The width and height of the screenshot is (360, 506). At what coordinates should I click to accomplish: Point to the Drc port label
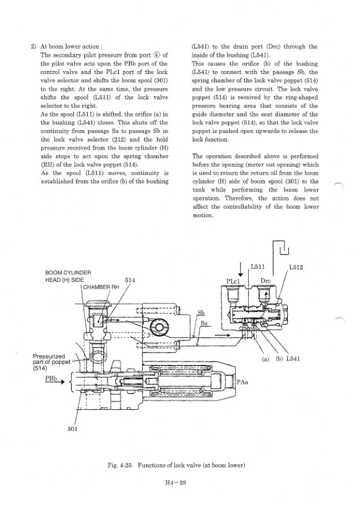click(266, 280)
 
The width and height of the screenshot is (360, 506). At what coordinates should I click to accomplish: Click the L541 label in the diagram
click(292, 360)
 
